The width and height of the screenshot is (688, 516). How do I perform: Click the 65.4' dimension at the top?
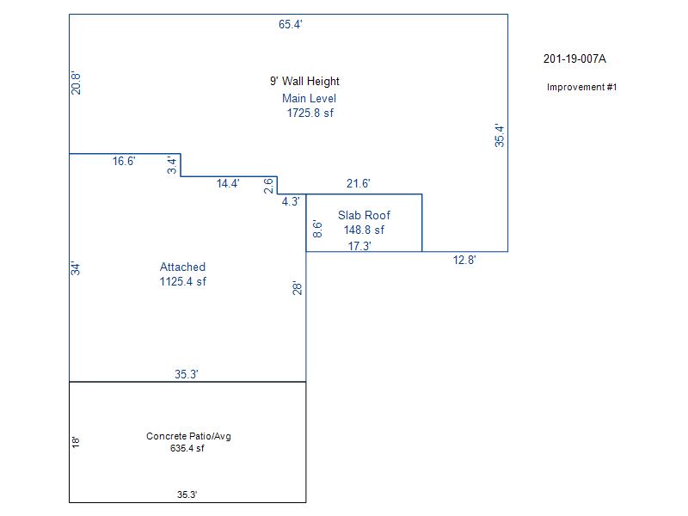point(290,25)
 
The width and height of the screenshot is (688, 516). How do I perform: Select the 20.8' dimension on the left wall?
point(77,83)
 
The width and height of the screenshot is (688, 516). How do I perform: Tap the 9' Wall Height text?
point(304,82)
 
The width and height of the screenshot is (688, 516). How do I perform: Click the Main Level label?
point(309,98)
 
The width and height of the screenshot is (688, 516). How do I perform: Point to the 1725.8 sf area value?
point(310,113)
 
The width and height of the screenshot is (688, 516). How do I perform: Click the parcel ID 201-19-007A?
point(575,59)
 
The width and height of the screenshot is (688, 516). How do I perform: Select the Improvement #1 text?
point(582,88)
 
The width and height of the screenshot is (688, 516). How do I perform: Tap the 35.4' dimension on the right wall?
point(500,136)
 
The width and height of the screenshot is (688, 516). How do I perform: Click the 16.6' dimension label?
point(124,161)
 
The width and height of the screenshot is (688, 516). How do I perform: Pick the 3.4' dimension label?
point(172,165)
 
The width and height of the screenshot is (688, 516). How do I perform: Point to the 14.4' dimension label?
point(228,183)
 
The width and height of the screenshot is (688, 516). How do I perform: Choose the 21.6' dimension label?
point(358,183)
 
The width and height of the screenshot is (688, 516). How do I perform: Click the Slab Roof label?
point(364,215)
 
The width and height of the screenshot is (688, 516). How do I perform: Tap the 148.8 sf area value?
point(364,230)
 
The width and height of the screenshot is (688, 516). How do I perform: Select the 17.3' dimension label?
point(359,246)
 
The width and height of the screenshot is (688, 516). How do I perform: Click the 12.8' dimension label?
point(464,260)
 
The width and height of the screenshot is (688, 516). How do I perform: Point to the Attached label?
point(182,267)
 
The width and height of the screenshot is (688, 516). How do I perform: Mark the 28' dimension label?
point(298,287)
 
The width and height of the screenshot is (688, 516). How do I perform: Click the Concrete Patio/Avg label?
point(188,437)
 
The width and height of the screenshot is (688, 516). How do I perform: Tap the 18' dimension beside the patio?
point(77,442)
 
